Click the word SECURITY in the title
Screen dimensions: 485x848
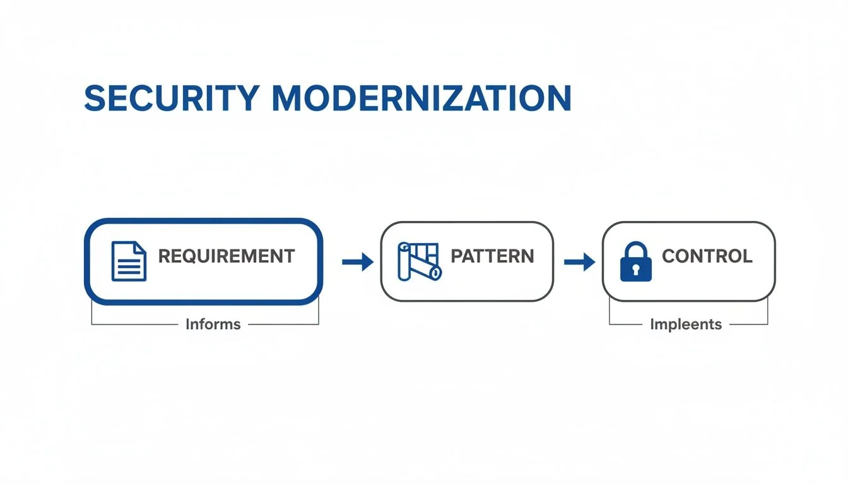coord(171,99)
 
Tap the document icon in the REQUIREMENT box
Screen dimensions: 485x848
coord(129,261)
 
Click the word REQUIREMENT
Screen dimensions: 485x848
coord(226,256)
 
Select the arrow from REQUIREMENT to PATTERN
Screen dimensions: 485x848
coord(358,261)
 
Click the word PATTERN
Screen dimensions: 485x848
coord(492,256)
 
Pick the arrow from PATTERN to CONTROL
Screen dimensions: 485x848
coord(579,261)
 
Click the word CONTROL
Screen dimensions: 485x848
coord(707,256)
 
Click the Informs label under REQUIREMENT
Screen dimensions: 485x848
coord(213,325)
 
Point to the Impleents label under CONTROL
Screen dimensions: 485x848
coord(686,325)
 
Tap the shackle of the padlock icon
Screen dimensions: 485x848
coord(635,248)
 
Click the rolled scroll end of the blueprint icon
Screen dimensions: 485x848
coord(435,272)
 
